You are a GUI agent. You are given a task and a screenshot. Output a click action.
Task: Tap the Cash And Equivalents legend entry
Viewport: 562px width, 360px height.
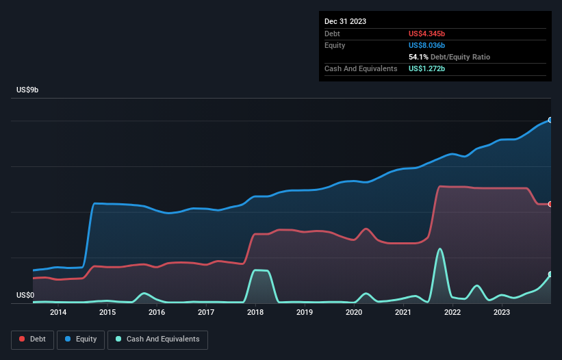coord(157,339)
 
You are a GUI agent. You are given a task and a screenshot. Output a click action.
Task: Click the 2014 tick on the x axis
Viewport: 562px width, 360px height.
coord(58,313)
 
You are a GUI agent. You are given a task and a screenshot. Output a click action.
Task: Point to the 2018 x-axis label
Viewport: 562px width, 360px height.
coord(255,313)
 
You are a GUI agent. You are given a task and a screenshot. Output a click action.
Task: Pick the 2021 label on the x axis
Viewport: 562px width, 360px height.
coord(403,313)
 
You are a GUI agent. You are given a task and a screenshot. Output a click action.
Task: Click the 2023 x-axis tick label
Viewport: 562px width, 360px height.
coord(502,313)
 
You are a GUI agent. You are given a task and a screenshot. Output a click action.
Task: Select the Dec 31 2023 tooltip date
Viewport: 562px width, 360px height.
coord(345,21)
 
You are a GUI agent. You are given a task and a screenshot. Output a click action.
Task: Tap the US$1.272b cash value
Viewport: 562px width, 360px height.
coord(431,68)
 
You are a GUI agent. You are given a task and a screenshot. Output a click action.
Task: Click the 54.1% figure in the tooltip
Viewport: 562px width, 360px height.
coord(420,57)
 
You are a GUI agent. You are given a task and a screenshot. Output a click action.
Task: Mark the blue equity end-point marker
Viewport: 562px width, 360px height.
coord(550,120)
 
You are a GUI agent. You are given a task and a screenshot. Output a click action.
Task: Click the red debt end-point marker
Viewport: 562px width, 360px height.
coord(550,204)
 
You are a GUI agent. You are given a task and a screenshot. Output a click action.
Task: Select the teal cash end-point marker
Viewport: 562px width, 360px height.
coord(550,274)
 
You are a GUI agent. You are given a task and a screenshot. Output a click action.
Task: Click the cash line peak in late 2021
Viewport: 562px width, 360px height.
coord(439,249)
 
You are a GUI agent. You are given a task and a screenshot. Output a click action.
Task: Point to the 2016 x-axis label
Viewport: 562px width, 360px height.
coord(157,313)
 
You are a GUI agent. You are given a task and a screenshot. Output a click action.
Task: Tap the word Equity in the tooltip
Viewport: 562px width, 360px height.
coord(335,45)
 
